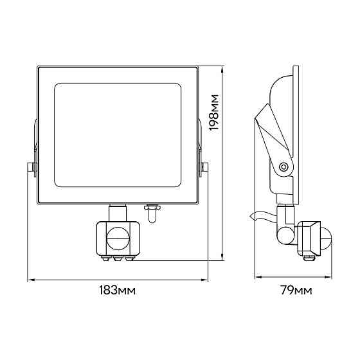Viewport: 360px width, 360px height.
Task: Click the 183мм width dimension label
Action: (117, 290)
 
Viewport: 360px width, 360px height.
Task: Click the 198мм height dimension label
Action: (214, 113)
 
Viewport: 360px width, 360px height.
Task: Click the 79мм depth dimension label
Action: (296, 290)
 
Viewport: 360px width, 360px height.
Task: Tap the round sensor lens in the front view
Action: (118, 239)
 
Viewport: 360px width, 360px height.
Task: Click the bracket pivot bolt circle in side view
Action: (283, 166)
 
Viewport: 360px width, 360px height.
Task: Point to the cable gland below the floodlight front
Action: (152, 213)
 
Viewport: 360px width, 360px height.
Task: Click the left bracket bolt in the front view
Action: (32, 167)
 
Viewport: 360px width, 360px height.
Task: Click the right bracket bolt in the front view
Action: (204, 167)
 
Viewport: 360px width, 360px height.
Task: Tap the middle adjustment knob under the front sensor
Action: (118, 258)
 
